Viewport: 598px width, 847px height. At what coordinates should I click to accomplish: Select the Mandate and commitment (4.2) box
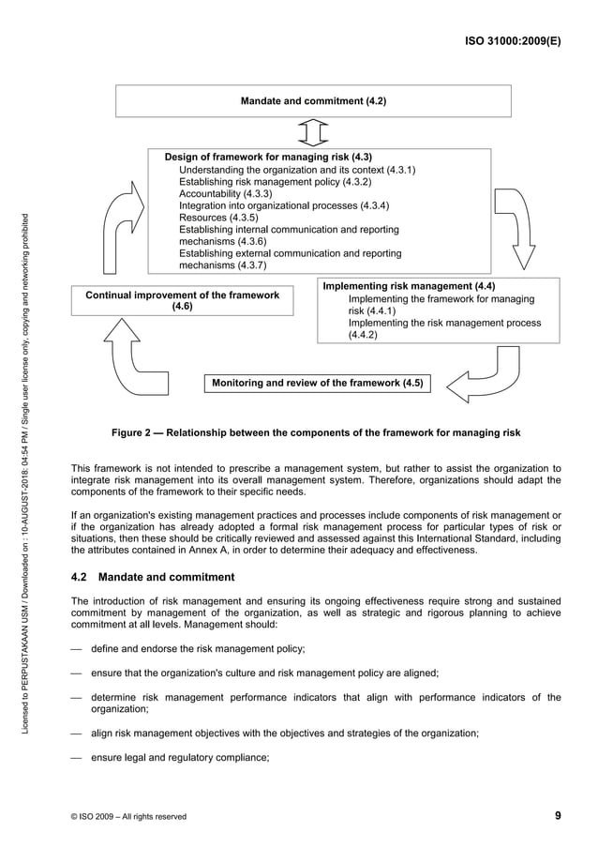click(313, 100)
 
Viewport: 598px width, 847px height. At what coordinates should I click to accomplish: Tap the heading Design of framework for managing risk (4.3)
click(268, 157)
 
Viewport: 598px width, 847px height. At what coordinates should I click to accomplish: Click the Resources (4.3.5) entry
click(217, 218)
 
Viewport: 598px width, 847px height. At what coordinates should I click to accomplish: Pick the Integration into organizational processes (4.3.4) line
click(284, 205)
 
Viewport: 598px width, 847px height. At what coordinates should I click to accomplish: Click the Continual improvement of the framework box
click(183, 300)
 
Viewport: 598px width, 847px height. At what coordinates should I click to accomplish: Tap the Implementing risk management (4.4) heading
click(409, 286)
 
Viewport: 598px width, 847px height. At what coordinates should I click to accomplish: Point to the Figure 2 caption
click(315, 432)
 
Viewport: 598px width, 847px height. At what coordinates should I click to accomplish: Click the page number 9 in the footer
click(558, 815)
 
